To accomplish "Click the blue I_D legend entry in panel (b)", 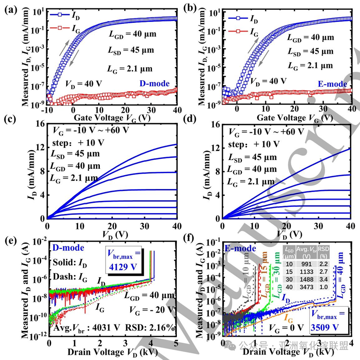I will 244,18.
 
